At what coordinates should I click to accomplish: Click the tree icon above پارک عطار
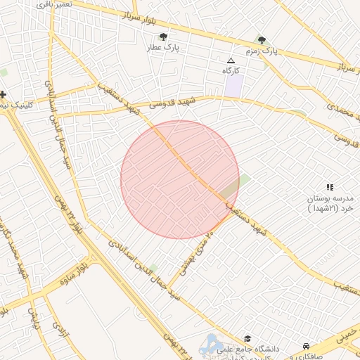coord(163,37)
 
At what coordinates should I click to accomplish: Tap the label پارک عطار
coord(163,48)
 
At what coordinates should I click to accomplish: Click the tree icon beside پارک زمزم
coord(262,41)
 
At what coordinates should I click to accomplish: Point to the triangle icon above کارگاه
coord(231,60)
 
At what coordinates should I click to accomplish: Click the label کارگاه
coord(231,71)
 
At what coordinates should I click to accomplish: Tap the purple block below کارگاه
coord(234,86)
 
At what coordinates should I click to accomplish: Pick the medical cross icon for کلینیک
coord(4,94)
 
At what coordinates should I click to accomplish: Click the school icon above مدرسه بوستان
coord(330,186)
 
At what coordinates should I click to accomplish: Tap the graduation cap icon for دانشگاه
coord(247,339)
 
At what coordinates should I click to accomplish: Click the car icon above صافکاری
coord(307,346)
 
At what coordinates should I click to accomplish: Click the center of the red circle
coord(180,180)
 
